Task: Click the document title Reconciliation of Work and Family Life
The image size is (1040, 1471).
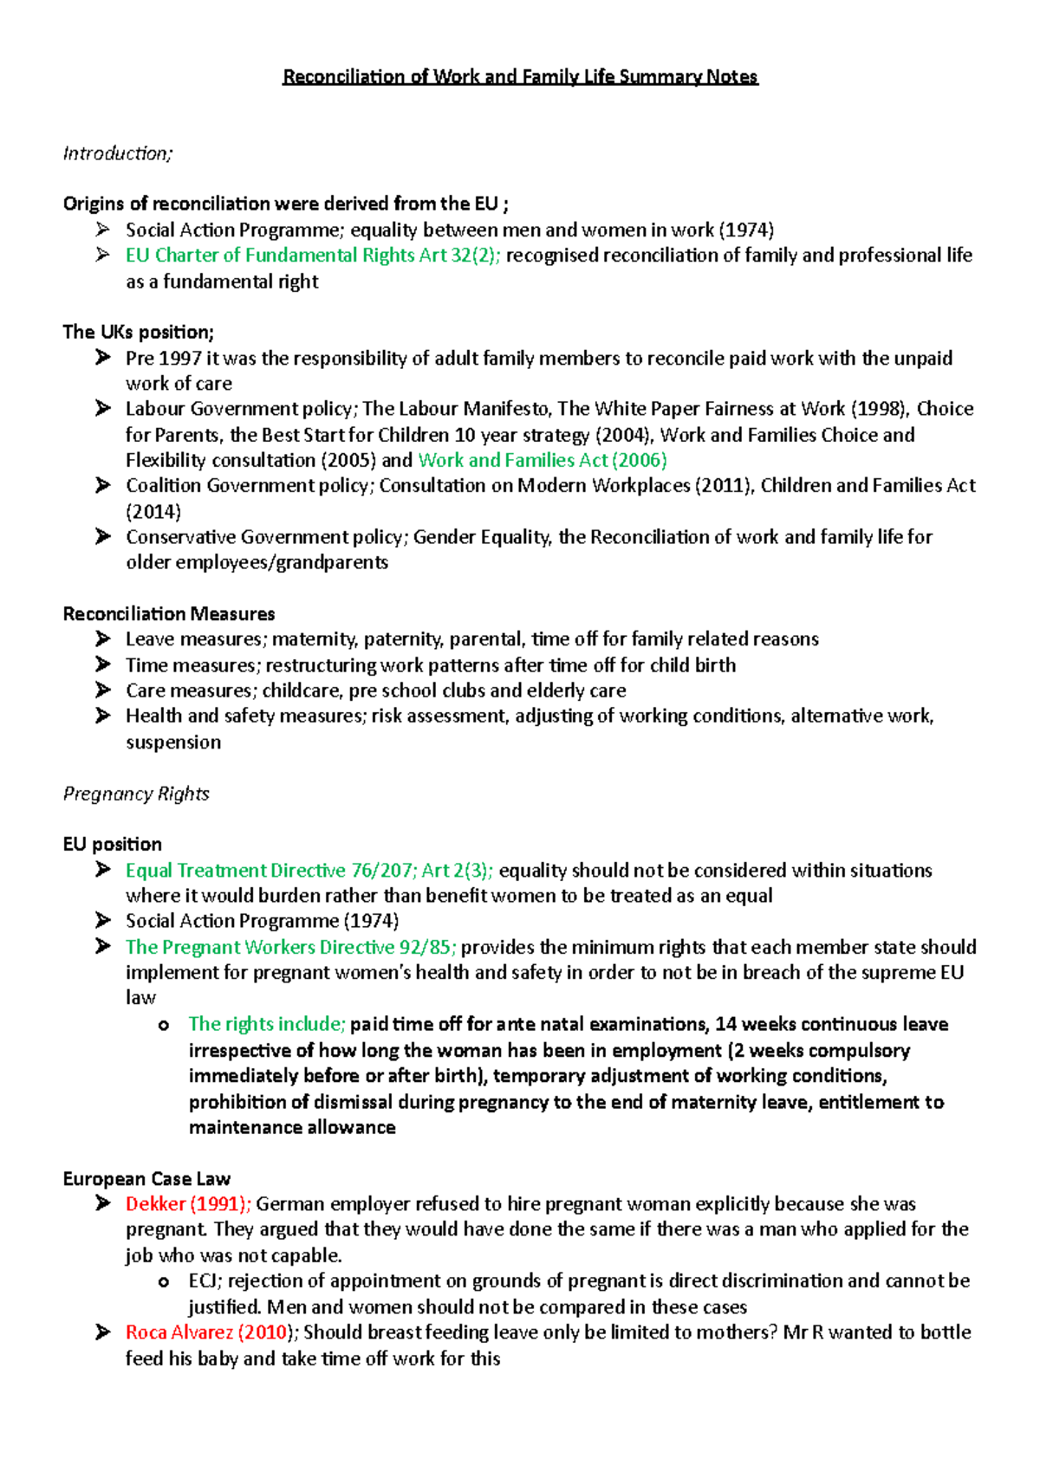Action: [520, 77]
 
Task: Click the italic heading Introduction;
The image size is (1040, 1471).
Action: [118, 153]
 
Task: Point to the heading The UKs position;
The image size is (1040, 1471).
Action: [138, 333]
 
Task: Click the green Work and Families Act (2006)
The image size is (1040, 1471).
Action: [542, 460]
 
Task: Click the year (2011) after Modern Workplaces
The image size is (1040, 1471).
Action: [723, 485]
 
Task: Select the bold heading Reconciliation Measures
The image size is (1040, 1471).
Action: [169, 614]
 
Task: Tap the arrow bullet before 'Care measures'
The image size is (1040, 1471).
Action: [103, 690]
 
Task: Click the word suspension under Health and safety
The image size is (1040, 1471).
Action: [173, 742]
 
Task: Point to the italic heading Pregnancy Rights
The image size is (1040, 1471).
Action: [136, 794]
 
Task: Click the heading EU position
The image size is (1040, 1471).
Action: [113, 845]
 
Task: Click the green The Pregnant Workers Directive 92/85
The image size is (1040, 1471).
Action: [291, 947]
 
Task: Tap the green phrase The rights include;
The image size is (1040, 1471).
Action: [267, 1024]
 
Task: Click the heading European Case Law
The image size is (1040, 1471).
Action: [146, 1179]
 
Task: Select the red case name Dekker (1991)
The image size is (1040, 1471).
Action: [188, 1204]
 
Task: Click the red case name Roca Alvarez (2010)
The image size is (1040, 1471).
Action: [206, 1332]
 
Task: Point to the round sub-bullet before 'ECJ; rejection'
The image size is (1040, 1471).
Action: [164, 1282]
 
